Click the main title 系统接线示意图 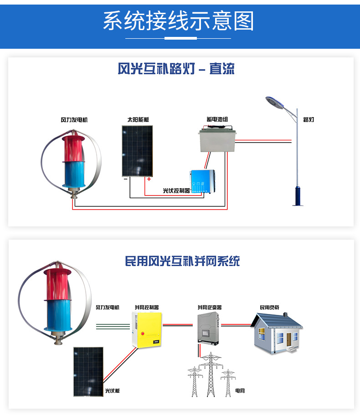point(178,21)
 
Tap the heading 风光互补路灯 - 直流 point(176,69)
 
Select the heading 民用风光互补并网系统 point(182,261)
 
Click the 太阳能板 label point(138,120)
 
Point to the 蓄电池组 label point(217,119)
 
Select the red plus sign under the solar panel point(149,180)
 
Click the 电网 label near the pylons point(240,391)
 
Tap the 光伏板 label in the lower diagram point(112,391)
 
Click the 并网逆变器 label point(210,308)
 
